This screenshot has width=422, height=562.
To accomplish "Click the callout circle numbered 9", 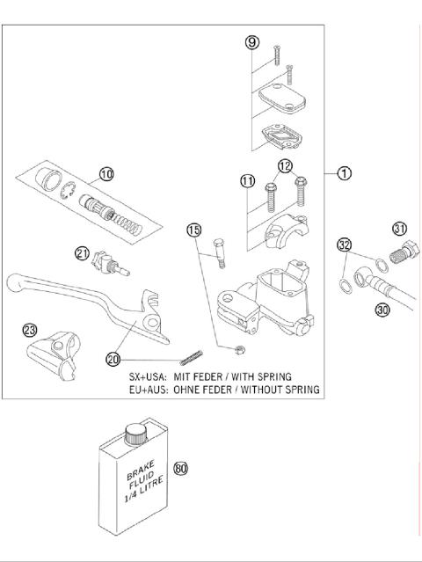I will click(252, 41).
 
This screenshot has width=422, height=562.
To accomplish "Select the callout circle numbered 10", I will click(106, 173).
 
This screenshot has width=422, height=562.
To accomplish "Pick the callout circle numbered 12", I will click(286, 165).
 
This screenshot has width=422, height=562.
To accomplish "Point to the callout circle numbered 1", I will click(345, 173).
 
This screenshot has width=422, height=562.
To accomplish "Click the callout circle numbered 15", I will click(193, 230).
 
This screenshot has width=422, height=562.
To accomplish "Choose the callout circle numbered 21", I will click(82, 253).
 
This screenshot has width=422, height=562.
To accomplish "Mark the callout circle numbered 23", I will click(31, 330).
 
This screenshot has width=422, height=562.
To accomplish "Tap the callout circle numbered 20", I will click(113, 358).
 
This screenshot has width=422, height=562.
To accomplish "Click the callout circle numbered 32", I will click(345, 244).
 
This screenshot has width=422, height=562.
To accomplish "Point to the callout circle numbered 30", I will click(382, 310).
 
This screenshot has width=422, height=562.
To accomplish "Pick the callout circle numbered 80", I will click(181, 468).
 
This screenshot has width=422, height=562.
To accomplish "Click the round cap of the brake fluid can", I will click(135, 433).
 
